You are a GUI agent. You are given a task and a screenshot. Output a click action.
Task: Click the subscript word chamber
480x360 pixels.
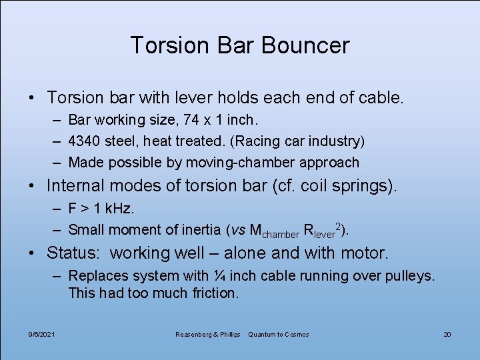pos(281,234)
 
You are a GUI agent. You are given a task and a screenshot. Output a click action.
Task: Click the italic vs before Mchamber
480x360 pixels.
pos(237,230)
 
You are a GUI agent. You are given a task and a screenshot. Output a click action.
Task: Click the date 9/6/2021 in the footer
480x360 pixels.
pos(42,334)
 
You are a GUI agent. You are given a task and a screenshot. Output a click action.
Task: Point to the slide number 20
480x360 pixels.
pos(447,334)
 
